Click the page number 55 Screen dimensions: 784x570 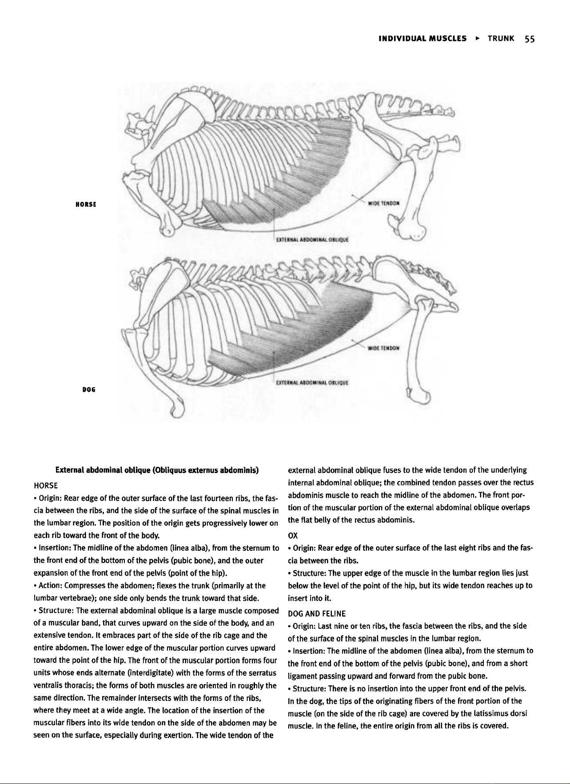pos(530,39)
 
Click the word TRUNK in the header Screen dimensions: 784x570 pos(501,39)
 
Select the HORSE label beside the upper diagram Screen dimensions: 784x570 pos(86,204)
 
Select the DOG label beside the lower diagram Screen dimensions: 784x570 pos(89,390)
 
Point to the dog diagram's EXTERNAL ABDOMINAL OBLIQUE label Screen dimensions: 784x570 pos(312,382)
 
